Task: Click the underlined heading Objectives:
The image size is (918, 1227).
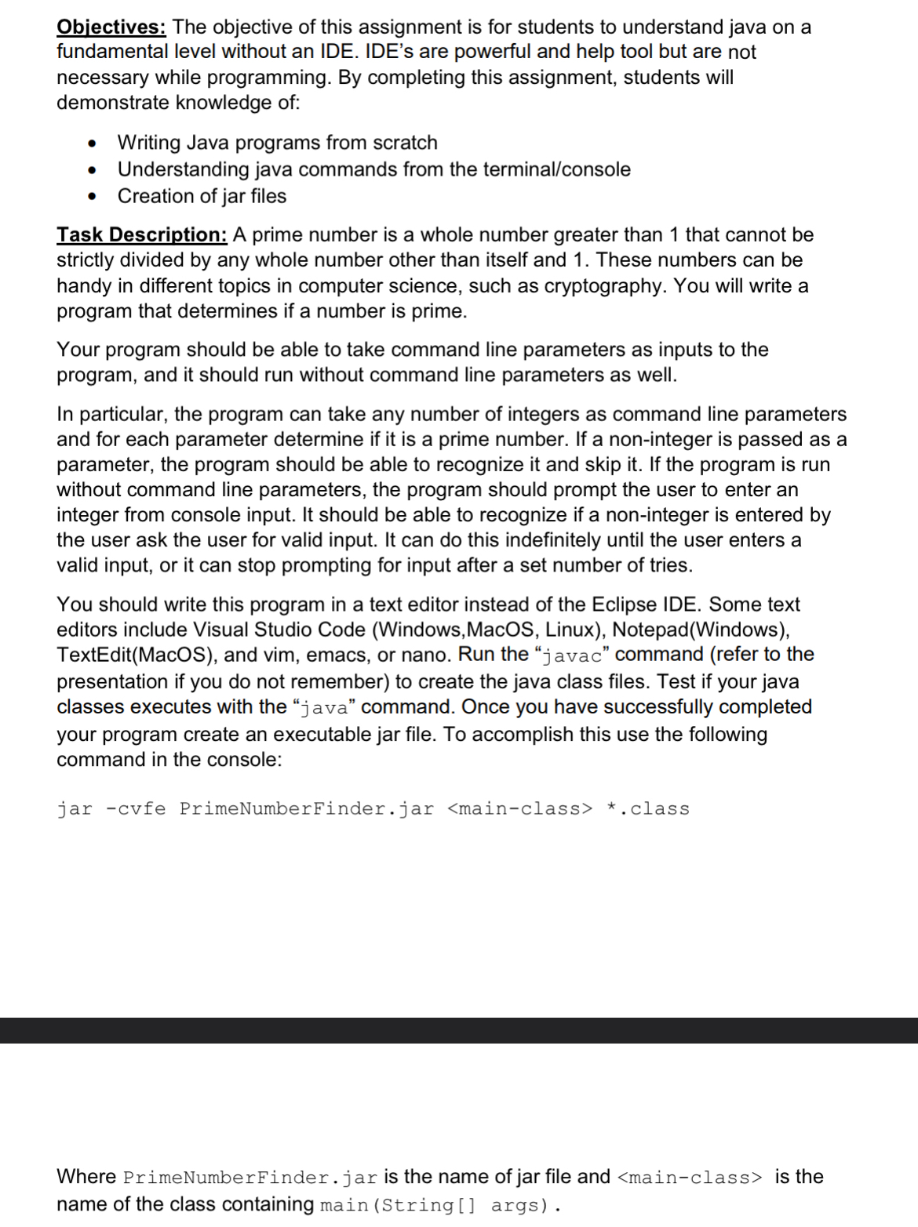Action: (111, 27)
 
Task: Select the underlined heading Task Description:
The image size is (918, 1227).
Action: (141, 235)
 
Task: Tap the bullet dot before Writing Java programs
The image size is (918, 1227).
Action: (93, 143)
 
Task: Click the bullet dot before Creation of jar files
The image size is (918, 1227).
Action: (93, 197)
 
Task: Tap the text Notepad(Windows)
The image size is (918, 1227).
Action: (701, 630)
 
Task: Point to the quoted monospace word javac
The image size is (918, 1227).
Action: (572, 655)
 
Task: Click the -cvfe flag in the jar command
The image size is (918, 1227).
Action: (135, 809)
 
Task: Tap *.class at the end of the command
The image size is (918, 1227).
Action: (648, 809)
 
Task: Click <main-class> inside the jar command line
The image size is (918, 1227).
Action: (519, 809)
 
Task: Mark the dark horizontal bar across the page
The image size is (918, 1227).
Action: (459, 1030)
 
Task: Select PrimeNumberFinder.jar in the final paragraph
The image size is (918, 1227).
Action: (250, 1178)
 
